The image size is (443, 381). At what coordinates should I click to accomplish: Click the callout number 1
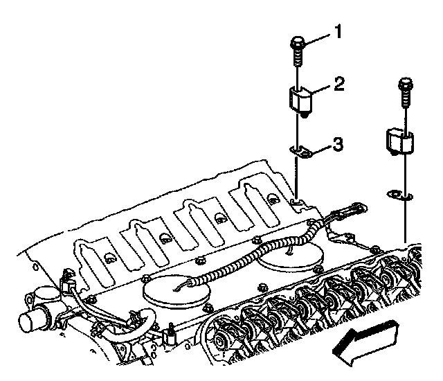pyautogui.click(x=338, y=31)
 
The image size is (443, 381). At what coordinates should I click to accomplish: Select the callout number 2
pyautogui.click(x=339, y=83)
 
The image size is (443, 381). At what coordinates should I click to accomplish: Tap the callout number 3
pyautogui.click(x=337, y=144)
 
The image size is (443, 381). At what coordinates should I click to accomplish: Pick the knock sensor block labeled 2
pyautogui.click(x=300, y=103)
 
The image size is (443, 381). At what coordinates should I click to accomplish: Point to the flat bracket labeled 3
pyautogui.click(x=300, y=152)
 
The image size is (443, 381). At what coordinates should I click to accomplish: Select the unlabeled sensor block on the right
pyautogui.click(x=400, y=142)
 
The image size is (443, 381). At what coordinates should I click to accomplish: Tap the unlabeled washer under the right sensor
pyautogui.click(x=399, y=195)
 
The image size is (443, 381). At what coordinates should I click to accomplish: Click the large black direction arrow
pyautogui.click(x=366, y=343)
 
